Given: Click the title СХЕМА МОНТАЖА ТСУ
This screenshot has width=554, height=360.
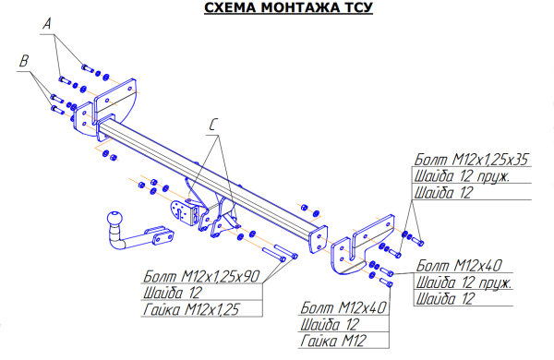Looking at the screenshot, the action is tap(288, 7).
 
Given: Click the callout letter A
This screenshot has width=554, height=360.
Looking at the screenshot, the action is tap(47, 24).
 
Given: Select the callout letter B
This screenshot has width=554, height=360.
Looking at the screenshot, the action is tap(24, 61).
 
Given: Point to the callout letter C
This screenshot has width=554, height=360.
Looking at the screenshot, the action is tap(213, 125).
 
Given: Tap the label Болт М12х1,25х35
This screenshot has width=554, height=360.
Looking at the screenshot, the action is tap(471, 160).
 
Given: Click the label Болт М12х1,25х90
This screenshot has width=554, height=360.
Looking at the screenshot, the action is tap(201, 276).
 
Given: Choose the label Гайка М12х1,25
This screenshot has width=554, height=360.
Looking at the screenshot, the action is tap(191, 309).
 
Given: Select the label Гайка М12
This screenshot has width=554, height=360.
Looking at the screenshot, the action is tap(333, 341).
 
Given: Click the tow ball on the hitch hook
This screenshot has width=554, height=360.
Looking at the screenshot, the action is tap(114, 219).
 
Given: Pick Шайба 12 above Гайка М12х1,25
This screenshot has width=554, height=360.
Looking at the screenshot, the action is tap(173, 293).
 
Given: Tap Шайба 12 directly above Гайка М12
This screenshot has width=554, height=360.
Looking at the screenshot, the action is tap(330, 324).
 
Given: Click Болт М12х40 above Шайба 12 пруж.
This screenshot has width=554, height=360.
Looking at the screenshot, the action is tap(459, 265).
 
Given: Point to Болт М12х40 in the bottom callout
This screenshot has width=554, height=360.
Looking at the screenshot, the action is tap(343, 307).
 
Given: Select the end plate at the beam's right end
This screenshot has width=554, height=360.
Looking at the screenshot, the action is tap(318, 239).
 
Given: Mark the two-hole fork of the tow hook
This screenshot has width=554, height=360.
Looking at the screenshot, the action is tap(163, 235).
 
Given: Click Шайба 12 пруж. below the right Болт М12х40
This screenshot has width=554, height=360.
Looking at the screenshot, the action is tap(464, 282).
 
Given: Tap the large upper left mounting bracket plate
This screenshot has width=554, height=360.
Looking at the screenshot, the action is tap(115, 98).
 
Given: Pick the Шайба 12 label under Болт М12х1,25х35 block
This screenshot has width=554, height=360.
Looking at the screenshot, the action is tap(443, 193).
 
